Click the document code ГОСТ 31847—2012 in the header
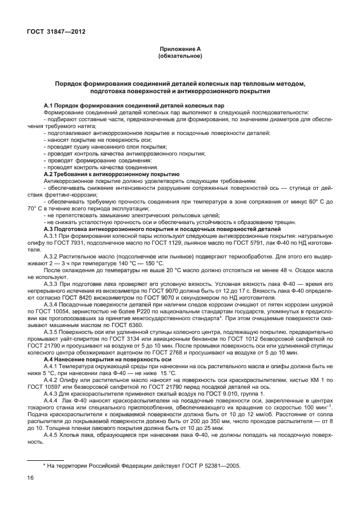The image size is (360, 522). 55,32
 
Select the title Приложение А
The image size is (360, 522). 179,50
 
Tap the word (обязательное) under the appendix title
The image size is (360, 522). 179,57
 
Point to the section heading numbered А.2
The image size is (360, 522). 112,174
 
